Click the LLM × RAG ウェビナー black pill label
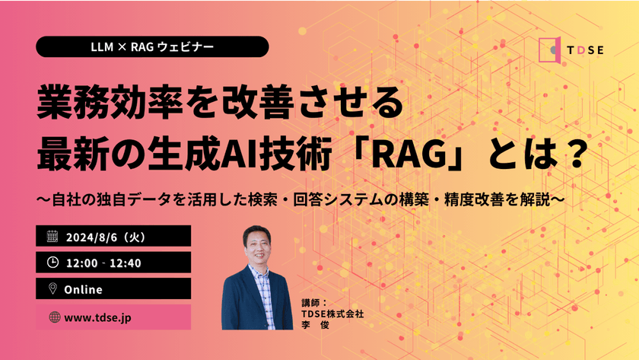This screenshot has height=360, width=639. click(x=152, y=46)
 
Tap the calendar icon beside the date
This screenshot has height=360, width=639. click(x=52, y=236)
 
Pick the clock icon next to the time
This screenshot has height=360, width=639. click(x=52, y=263)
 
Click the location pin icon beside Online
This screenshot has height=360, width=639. click(x=52, y=289)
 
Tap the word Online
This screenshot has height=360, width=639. click(x=84, y=289)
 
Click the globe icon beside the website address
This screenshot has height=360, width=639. click(x=53, y=317)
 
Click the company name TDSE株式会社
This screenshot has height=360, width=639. click(x=333, y=313)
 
